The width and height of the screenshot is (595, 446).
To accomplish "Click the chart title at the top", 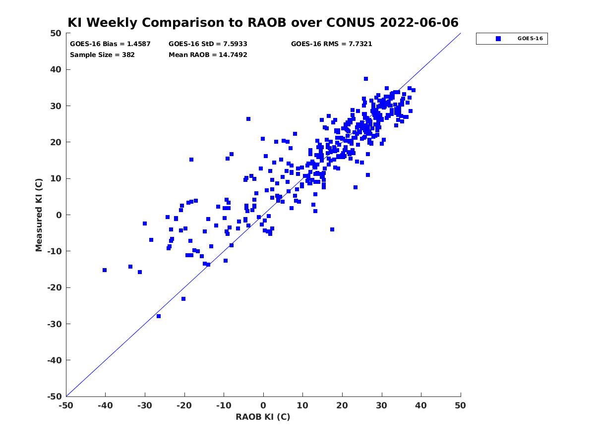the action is [263, 22].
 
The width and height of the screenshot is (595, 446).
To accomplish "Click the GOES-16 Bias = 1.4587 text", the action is [110, 44].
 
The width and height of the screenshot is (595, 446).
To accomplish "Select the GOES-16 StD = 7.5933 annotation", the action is [208, 44].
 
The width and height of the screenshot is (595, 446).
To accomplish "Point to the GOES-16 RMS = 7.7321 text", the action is [331, 44].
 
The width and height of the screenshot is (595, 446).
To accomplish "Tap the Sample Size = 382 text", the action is [102, 55].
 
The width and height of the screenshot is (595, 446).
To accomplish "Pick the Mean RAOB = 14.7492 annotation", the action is [208, 55].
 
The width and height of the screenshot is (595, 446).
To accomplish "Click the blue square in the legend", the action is [498, 39].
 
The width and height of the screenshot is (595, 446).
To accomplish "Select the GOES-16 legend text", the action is [530, 39].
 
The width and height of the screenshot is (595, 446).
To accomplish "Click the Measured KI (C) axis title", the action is [39, 215].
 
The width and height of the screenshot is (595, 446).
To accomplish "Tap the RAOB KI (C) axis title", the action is [263, 416].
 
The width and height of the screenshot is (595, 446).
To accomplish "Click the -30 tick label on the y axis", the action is [55, 324].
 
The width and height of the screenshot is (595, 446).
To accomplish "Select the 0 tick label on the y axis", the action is [59, 215].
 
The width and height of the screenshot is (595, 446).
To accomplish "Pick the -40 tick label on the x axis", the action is [105, 405].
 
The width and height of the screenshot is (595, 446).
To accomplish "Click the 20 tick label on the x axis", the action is [342, 405].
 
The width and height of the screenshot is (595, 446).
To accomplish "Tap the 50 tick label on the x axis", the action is [461, 405].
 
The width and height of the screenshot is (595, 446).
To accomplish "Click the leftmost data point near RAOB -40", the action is [105, 270].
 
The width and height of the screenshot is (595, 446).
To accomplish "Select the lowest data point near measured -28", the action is [159, 316].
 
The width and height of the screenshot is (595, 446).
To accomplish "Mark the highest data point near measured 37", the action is [365, 79].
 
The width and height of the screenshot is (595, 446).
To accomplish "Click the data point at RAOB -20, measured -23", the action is [183, 299].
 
